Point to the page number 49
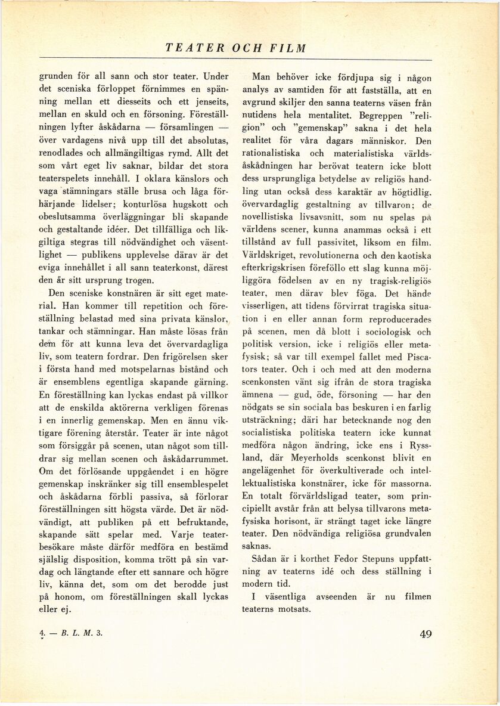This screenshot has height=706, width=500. tap(426, 634)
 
